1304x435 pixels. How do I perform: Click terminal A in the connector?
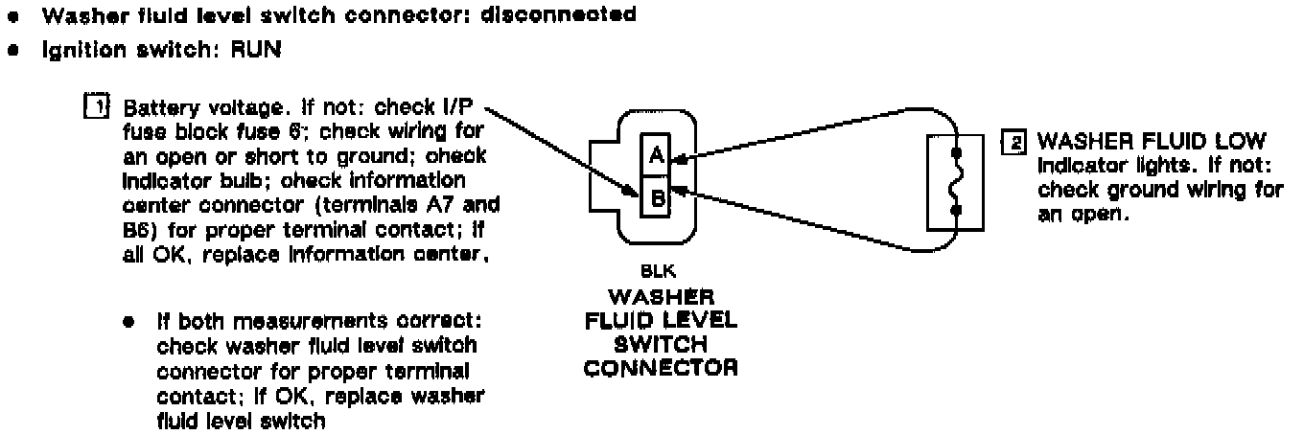658,155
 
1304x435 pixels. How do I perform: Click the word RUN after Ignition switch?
253,51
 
